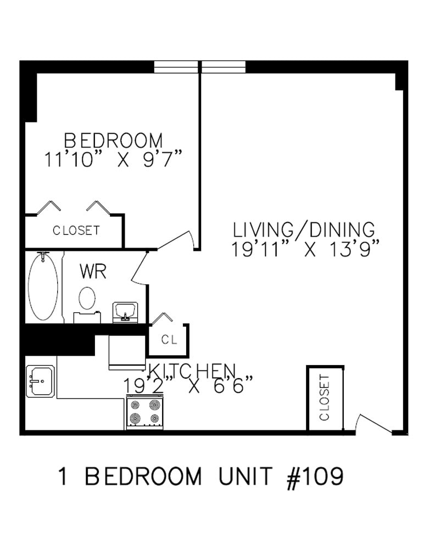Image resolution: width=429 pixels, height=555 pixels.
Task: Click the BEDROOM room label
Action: (x=113, y=140)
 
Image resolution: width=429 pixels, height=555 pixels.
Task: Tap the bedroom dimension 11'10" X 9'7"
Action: (x=113, y=159)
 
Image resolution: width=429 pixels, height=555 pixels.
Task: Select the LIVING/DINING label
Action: (x=304, y=229)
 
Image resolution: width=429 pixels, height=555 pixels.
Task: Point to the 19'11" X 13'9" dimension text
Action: (x=306, y=249)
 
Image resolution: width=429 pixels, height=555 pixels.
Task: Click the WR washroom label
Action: (x=93, y=272)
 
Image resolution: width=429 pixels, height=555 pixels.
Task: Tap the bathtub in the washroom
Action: (x=43, y=287)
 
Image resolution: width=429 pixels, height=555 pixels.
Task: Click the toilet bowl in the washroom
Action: (x=87, y=298)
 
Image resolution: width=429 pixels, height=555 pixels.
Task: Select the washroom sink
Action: (x=125, y=312)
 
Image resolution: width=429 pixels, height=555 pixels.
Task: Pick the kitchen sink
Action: (x=41, y=381)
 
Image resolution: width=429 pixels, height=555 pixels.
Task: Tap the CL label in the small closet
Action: (x=169, y=339)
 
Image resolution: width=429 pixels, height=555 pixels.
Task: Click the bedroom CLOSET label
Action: (x=76, y=231)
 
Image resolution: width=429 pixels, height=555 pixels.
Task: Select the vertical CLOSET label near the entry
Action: (x=325, y=398)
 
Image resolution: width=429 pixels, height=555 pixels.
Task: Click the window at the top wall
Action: (x=200, y=67)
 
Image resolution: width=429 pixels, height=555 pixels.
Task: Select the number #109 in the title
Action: (x=315, y=478)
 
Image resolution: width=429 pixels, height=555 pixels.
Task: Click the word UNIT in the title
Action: (x=246, y=476)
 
